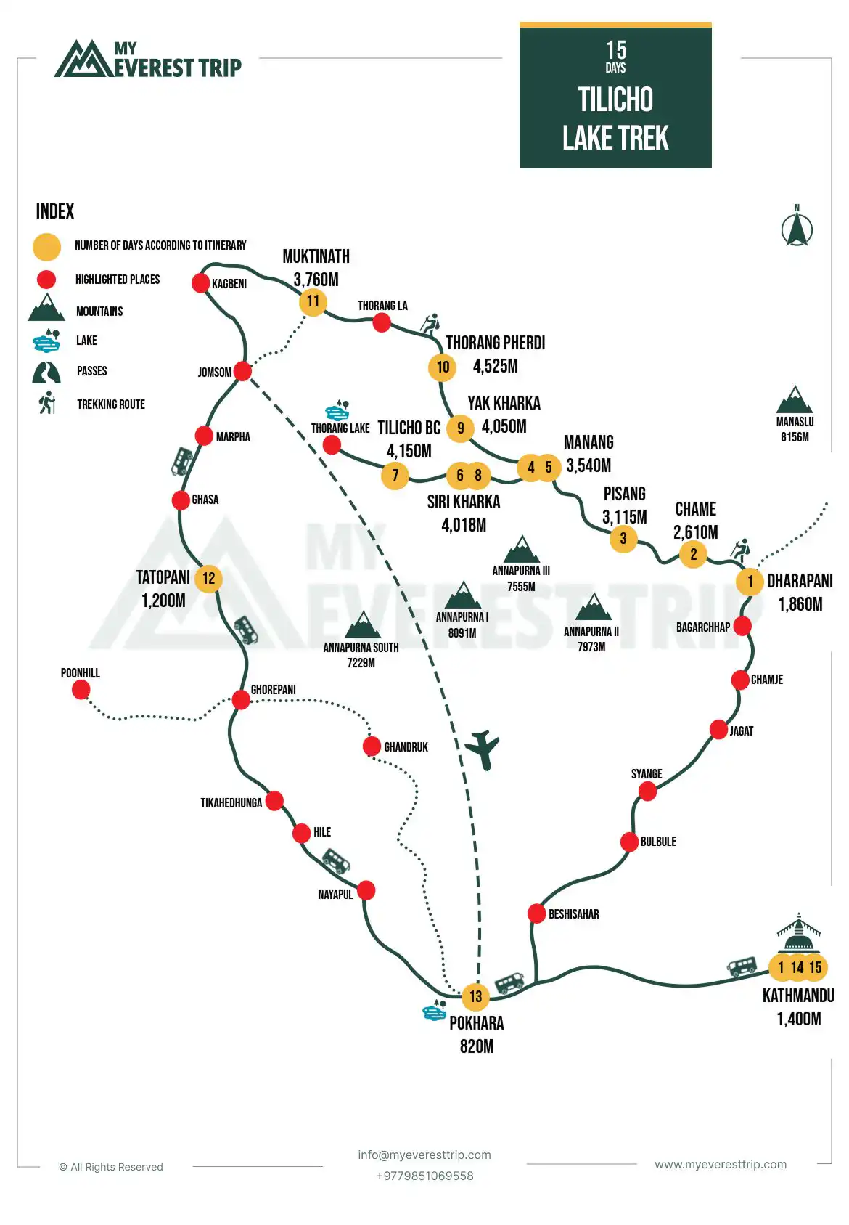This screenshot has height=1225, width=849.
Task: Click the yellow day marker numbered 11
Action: tap(313, 301)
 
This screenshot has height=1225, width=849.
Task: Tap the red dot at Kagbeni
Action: tap(201, 282)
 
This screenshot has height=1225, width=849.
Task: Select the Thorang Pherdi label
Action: tap(495, 343)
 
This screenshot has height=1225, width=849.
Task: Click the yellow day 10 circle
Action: tap(443, 367)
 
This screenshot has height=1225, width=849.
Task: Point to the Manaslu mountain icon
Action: tap(795, 400)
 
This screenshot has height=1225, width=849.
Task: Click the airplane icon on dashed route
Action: tap(483, 749)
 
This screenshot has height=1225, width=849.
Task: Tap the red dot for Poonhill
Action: tap(81, 689)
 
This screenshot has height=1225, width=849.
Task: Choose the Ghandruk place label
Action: tap(406, 747)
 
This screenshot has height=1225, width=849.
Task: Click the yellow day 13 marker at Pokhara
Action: tap(475, 996)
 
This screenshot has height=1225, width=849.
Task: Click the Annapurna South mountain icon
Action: tap(362, 625)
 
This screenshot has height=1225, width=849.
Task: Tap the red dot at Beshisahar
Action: tap(536, 913)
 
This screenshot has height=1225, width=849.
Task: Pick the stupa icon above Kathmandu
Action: tap(798, 933)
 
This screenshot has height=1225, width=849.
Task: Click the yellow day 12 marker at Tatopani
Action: tap(208, 579)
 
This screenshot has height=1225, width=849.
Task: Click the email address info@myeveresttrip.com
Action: tap(424, 1155)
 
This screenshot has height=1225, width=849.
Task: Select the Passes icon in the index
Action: tap(46, 373)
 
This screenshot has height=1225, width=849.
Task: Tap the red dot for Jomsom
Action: tap(243, 371)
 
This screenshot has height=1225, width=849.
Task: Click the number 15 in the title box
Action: tap(615, 50)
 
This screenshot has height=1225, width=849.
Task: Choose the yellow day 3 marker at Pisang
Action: tap(623, 539)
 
